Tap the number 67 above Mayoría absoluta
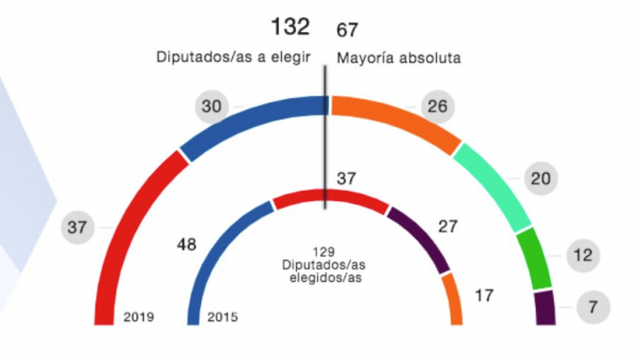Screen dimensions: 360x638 [346, 30]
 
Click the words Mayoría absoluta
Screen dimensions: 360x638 [402, 58]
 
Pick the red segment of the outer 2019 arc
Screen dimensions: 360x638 [123, 231]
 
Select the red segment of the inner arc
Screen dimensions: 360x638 [328, 199]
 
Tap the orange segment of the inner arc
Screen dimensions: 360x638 [453, 301]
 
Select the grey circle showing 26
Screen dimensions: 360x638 [437, 107]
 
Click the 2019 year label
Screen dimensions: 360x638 [139, 316]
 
